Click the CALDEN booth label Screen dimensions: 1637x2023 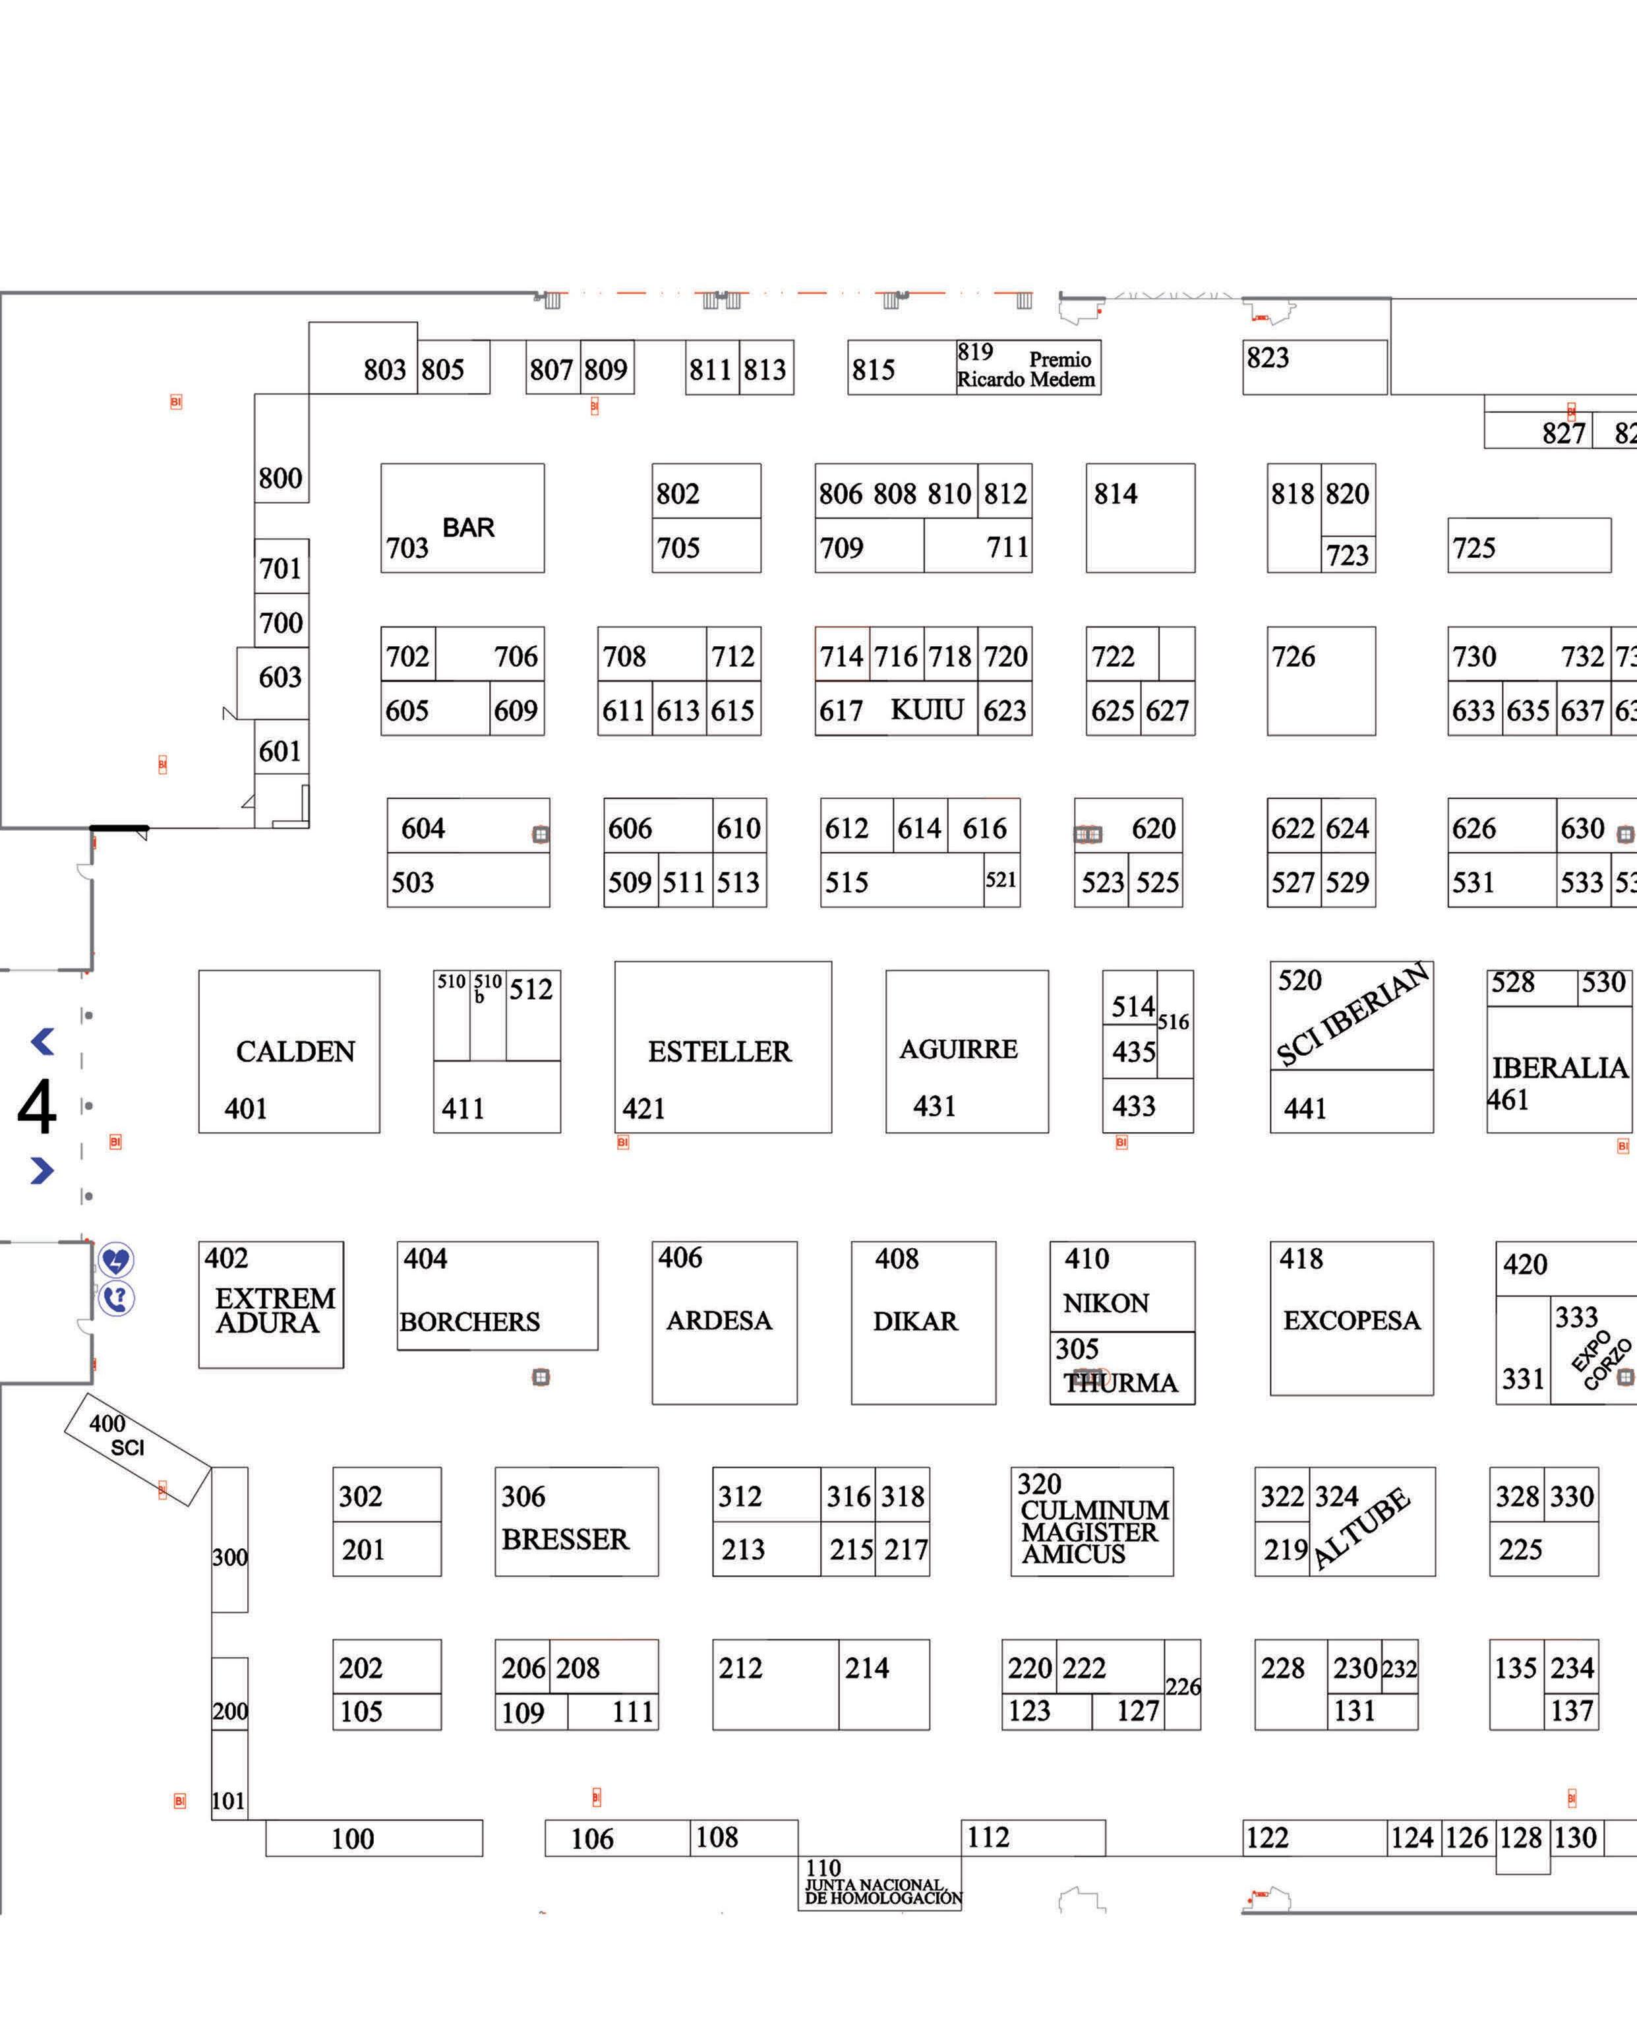(x=295, y=1052)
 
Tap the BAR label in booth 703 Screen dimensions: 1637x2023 (x=469, y=528)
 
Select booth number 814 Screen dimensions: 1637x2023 (x=1116, y=494)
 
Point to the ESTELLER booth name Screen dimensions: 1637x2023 (x=719, y=1052)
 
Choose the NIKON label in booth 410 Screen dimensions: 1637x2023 (x=1106, y=1304)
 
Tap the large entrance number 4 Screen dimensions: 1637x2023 (x=37, y=1107)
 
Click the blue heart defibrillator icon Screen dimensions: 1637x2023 (x=116, y=1260)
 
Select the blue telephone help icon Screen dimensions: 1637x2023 (x=116, y=1300)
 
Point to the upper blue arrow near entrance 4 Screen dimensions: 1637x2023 (x=42, y=1042)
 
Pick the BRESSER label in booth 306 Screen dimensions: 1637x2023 (x=565, y=1539)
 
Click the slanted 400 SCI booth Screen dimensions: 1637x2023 (x=136, y=1449)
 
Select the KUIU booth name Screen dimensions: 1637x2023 (x=927, y=710)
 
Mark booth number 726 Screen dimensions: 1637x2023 (x=1293, y=657)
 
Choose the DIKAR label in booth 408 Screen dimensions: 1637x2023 (x=914, y=1321)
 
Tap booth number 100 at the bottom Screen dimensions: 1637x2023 (x=353, y=1838)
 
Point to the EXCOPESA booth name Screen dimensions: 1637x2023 (x=1352, y=1320)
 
